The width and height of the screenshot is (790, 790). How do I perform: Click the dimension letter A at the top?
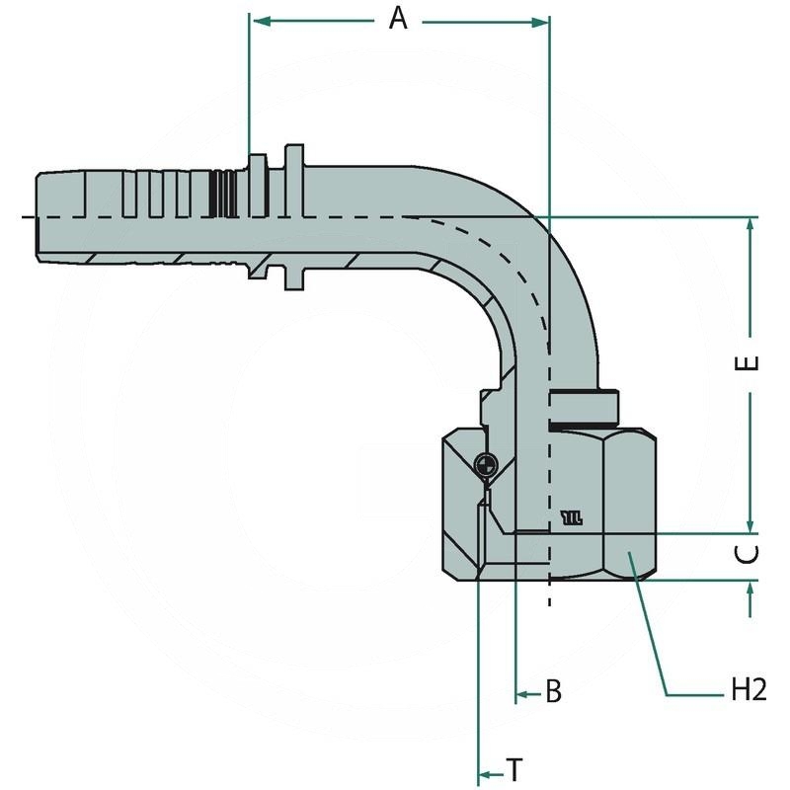click(398, 18)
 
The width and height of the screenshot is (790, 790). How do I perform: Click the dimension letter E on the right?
click(750, 361)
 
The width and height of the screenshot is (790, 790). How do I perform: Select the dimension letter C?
click(751, 554)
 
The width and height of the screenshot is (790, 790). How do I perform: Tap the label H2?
click(750, 690)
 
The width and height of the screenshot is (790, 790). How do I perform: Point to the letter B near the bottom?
click(554, 692)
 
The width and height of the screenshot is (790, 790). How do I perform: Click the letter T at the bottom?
click(513, 768)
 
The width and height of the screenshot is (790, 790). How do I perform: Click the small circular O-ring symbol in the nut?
click(484, 464)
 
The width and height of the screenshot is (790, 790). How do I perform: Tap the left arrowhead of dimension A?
click(257, 20)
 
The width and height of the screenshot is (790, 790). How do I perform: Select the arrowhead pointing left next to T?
click(484, 774)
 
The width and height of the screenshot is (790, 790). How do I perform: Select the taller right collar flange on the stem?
click(293, 217)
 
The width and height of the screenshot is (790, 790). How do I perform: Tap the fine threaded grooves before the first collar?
click(226, 217)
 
